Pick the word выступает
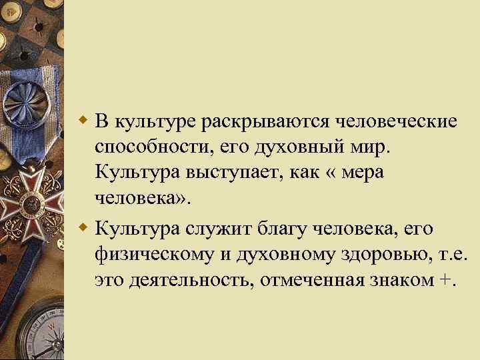231,172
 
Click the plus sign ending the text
445,280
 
